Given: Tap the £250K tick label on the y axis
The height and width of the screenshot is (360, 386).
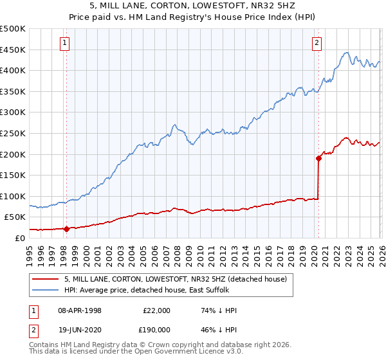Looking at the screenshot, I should coord(13,133).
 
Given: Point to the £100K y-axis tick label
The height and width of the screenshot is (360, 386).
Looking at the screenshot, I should coord(13,196).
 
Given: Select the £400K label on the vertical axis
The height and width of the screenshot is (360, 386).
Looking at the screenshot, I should coord(13,71).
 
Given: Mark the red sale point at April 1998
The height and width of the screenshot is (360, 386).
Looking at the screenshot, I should coord(66,228).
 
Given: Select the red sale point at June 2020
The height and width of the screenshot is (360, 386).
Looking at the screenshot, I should coord(318,158).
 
